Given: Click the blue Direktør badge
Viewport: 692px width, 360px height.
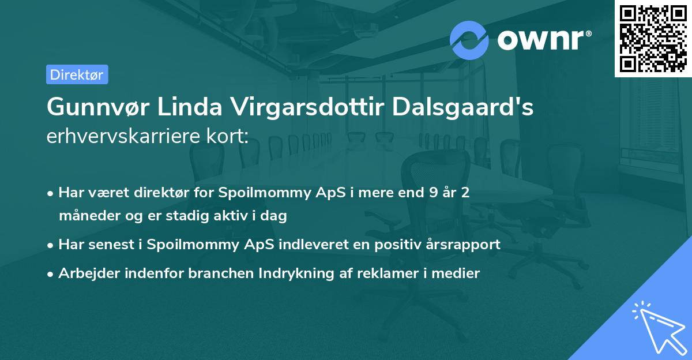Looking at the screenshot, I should click(x=77, y=74).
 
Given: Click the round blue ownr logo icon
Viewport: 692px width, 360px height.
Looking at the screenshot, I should click(x=469, y=40).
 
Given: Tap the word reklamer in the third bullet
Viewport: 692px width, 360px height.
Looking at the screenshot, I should click(x=390, y=273).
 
